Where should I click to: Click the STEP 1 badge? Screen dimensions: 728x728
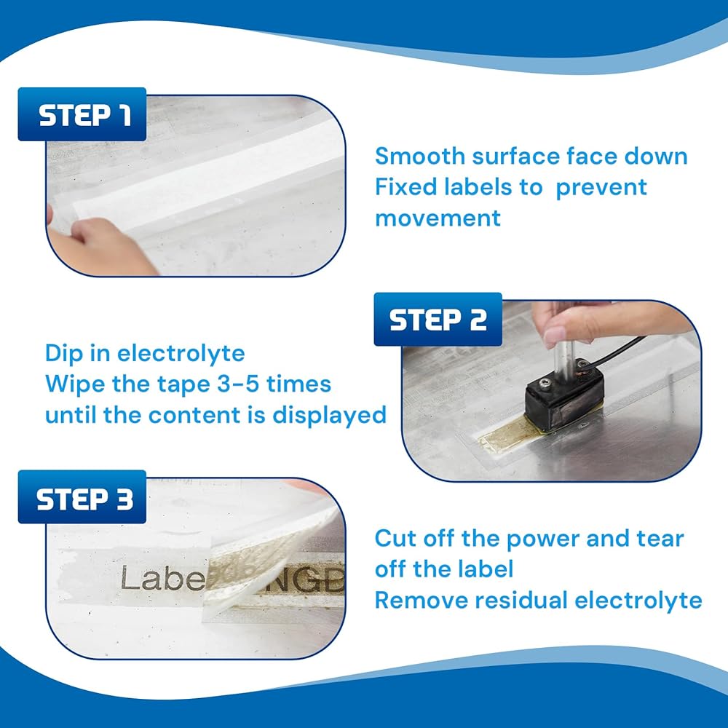point(82,114)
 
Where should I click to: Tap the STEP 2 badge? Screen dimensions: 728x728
point(438,320)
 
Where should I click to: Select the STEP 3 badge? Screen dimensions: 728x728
point(82,496)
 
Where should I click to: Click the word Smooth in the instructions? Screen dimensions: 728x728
point(419,156)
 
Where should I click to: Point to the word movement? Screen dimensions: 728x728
point(438,218)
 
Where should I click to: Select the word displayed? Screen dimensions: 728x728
point(329,415)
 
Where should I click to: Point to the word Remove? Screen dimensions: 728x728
point(420,600)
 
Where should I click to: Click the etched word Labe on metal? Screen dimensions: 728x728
point(163,579)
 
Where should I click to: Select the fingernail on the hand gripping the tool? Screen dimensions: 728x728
point(555,336)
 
